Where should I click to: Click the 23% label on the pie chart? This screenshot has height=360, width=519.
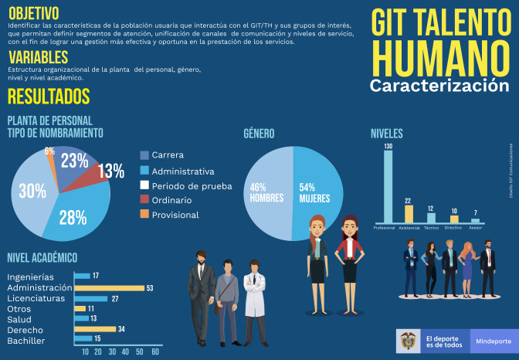tap(74, 161)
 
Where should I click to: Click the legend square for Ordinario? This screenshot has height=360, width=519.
tap(144, 200)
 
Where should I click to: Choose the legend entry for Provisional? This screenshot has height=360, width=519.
tap(175, 215)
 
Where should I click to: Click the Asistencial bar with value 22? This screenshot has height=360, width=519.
tap(408, 214)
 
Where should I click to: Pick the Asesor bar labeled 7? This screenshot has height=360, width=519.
tap(476, 220)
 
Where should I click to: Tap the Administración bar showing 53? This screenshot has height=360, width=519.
tap(109, 288)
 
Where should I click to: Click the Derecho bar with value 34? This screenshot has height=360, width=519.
tap(95, 329)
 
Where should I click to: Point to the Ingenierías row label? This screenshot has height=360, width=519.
tap(30, 277)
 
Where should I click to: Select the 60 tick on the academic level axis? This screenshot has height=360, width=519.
tap(154, 352)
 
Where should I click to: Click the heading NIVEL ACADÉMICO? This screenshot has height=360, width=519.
tap(42, 258)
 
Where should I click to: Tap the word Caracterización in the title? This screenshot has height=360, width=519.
tap(439, 84)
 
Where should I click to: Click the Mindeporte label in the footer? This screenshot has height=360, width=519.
tap(493, 340)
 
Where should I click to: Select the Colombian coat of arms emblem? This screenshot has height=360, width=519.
tap(409, 340)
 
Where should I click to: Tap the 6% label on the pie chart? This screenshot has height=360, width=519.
tap(49, 151)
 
